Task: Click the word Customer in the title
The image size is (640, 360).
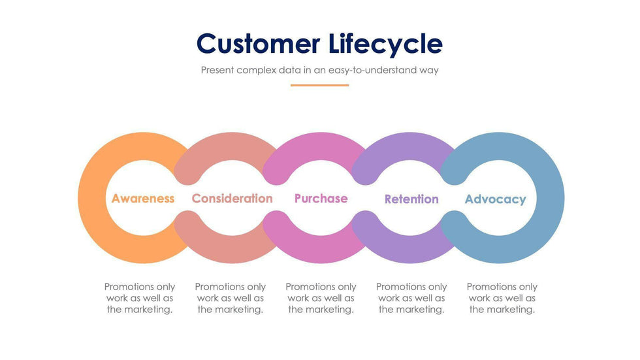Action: coord(258,44)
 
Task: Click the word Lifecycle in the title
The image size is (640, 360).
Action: coord(383,44)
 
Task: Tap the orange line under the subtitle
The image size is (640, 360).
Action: coord(319,85)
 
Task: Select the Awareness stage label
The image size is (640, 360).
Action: coord(143,199)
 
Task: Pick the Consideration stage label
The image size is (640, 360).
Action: coord(232,199)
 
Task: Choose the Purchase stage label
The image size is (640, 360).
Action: coord(321,199)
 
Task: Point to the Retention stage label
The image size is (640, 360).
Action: coord(411,199)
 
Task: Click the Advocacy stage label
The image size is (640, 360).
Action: coord(495,199)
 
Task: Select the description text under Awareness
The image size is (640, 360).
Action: coord(140,298)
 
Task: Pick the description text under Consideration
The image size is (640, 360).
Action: coord(231,298)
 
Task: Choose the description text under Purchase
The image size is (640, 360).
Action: coord(321,298)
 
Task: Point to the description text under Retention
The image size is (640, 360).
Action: coord(411,298)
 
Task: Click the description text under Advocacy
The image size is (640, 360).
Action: coord(502,298)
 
